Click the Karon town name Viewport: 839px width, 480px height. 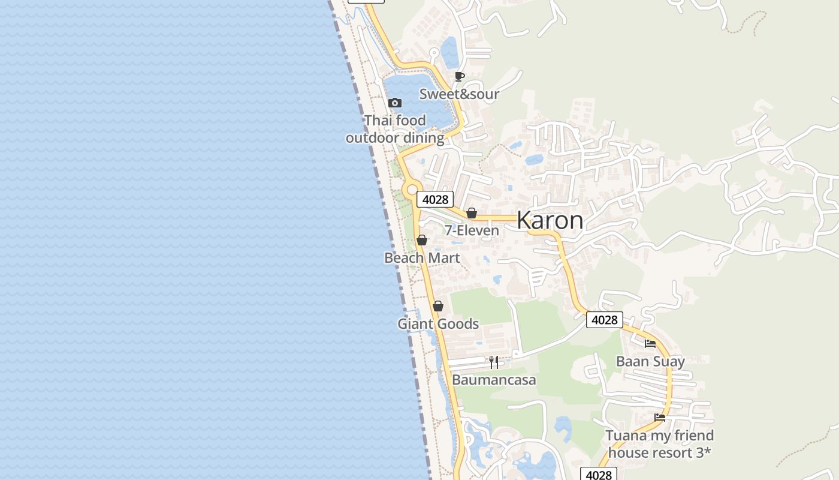point(550,221)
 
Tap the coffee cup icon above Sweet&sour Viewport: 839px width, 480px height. point(459,76)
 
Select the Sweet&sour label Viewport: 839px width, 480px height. point(459,94)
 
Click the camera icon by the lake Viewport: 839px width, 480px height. point(395,103)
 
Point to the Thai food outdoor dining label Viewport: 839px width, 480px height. point(395,129)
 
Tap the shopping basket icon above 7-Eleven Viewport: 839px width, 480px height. point(472,213)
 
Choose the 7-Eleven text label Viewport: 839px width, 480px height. point(472,230)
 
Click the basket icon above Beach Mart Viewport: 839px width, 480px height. point(422,240)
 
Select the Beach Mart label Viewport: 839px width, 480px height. point(422,258)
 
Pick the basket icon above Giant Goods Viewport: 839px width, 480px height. point(438,306)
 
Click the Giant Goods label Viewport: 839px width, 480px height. point(438,324)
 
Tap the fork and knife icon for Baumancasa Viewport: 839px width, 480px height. point(494,362)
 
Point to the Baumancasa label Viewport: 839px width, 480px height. point(494,380)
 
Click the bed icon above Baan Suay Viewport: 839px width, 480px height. point(650,344)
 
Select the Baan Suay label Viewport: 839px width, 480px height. point(650,361)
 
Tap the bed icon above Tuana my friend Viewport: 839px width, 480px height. point(660,417)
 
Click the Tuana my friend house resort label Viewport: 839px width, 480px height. point(660,443)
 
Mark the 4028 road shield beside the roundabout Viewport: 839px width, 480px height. point(435,199)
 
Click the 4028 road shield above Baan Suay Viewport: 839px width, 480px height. point(604,320)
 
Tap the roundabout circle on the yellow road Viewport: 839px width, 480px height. point(411,190)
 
